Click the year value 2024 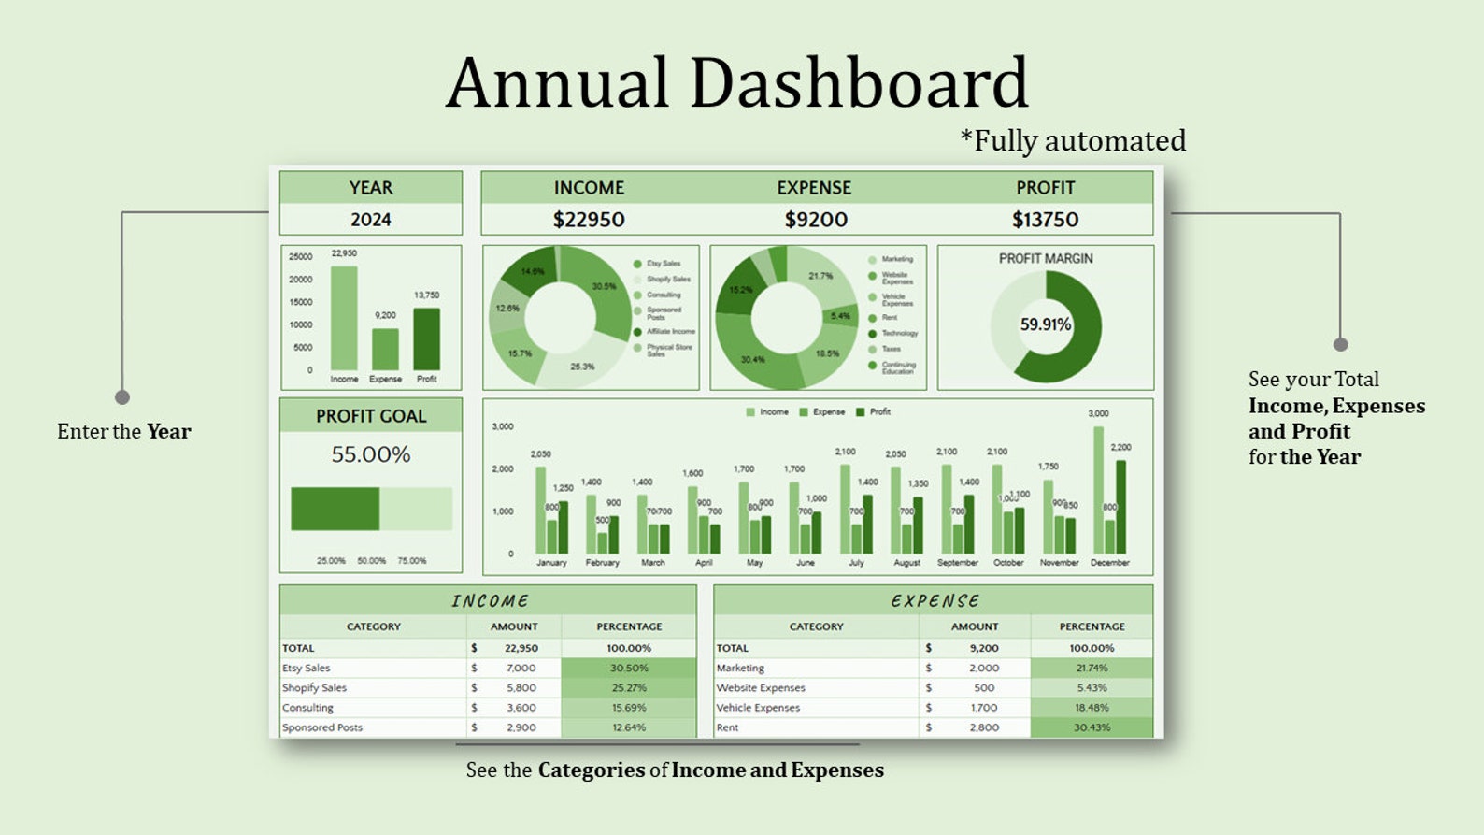click(x=371, y=220)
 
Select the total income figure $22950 click(x=589, y=220)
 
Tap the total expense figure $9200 click(x=816, y=220)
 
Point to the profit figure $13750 click(x=1045, y=220)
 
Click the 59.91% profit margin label click(x=1046, y=324)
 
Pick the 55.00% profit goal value click(x=371, y=454)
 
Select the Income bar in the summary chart click(x=344, y=318)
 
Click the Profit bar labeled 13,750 click(x=426, y=338)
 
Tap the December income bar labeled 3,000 click(x=1098, y=490)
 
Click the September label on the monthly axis click(x=958, y=563)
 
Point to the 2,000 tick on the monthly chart click(x=503, y=469)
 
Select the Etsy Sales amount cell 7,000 click(x=521, y=668)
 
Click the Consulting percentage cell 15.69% click(x=629, y=708)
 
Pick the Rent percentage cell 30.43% click(x=1092, y=727)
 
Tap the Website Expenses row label click(x=761, y=688)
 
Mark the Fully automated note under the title click(x=1073, y=141)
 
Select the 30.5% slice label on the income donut click(x=604, y=286)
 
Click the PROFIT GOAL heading click(x=371, y=416)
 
